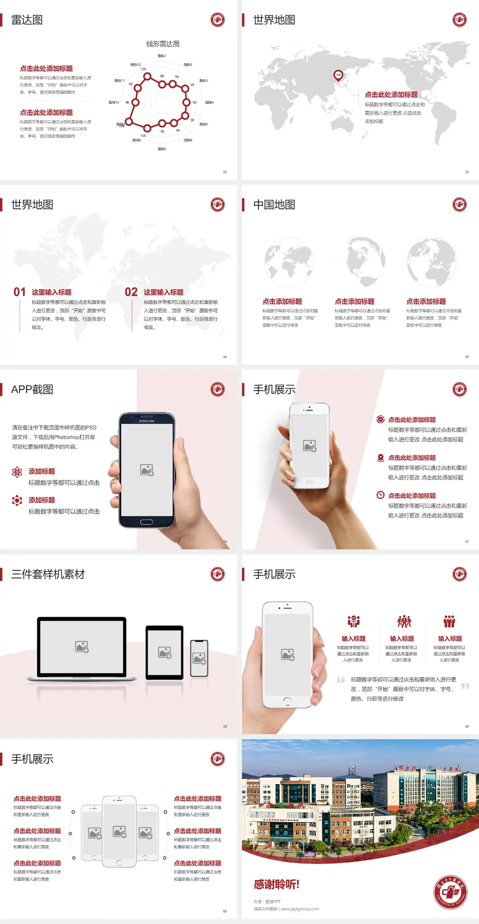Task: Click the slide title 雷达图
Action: (x=27, y=20)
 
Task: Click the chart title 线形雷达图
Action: (x=163, y=44)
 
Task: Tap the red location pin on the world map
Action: (x=338, y=75)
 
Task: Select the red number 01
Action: (x=19, y=292)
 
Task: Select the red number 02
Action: (x=131, y=292)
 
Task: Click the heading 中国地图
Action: (x=274, y=205)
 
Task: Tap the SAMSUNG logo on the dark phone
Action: (x=147, y=421)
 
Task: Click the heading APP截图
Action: (x=32, y=390)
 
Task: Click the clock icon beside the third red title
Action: (x=380, y=495)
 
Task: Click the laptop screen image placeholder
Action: (x=82, y=647)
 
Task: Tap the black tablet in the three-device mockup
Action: (x=165, y=652)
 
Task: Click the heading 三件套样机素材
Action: (x=48, y=574)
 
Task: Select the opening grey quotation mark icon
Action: (x=341, y=680)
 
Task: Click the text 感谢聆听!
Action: (x=276, y=885)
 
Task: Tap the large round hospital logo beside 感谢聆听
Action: (x=450, y=892)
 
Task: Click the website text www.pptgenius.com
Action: (x=299, y=909)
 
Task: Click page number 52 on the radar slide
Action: (x=225, y=172)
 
